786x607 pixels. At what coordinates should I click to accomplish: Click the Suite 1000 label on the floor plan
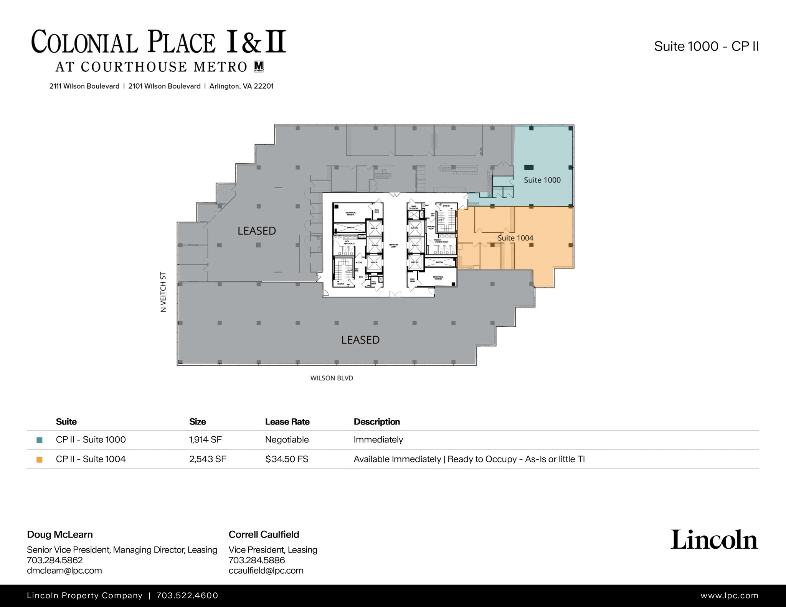542,180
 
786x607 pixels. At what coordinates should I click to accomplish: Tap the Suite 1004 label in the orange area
515,238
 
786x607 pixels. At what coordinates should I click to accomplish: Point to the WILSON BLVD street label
332,378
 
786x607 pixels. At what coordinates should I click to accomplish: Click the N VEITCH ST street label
163,292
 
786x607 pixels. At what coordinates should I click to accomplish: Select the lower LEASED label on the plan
360,340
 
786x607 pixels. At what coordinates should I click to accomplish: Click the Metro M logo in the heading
259,66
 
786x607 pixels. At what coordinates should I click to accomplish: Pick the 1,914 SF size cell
205,439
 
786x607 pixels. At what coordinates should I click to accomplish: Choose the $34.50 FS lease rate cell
287,459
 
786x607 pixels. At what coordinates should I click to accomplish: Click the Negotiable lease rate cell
287,439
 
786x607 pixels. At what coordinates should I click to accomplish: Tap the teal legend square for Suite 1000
39,440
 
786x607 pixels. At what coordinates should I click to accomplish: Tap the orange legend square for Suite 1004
39,459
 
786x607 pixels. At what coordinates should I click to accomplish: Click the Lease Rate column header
287,422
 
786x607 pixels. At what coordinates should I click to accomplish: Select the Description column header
376,422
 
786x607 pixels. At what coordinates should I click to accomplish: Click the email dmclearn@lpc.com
64,570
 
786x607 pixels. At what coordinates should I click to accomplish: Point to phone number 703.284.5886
256,560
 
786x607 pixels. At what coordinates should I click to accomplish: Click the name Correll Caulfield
264,535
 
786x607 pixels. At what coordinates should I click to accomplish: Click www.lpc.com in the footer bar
729,595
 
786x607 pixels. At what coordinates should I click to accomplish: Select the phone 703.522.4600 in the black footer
187,595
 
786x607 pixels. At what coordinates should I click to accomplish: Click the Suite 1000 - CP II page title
706,46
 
